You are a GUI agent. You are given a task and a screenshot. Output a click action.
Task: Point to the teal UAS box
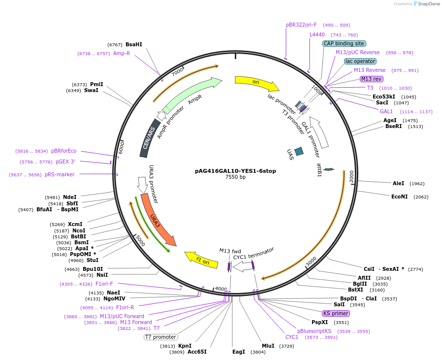click(299, 152)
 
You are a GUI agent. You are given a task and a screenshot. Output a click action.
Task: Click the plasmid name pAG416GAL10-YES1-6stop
click(235, 171)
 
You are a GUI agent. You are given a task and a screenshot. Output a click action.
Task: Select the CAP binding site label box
click(344, 43)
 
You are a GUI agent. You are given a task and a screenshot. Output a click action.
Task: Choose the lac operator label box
click(360, 61)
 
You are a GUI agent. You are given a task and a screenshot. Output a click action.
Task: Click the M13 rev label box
click(371, 79)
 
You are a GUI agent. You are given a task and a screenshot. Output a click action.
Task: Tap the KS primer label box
click(336, 313)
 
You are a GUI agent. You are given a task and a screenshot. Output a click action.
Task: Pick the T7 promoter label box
click(160, 337)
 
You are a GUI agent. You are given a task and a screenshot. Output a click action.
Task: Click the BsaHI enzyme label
click(133, 44)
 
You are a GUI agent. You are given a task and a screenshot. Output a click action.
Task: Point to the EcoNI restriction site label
click(399, 196)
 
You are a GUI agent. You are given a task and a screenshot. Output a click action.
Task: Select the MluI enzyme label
click(268, 346)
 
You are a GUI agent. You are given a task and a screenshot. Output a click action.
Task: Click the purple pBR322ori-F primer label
click(301, 25)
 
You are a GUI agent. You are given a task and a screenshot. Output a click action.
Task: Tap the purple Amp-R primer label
click(122, 53)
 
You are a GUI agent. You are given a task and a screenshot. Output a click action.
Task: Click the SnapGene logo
click(426, 4)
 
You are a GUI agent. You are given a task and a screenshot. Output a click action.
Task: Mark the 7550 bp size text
click(235, 177)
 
